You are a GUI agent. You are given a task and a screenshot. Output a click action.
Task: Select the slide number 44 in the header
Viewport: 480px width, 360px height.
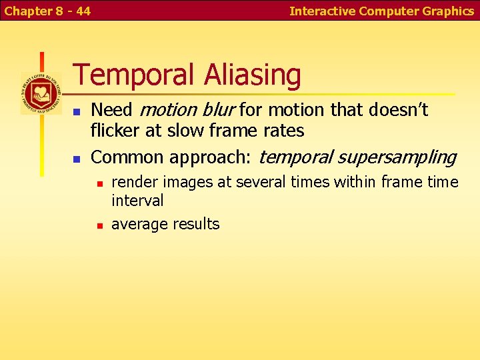pos(83,11)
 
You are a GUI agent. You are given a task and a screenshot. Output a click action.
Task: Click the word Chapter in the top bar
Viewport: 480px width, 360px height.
pos(28,11)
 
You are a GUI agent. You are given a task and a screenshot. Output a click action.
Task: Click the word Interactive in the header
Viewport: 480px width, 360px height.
pos(323,11)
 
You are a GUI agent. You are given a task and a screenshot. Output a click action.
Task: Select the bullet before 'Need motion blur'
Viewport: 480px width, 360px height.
pos(77,111)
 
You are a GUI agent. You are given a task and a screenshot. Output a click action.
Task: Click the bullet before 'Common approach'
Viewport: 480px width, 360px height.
pos(77,159)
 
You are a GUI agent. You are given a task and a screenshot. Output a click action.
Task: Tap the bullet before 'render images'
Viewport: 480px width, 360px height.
pos(99,183)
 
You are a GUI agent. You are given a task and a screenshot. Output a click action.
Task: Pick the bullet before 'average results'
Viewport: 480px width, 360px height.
pos(99,225)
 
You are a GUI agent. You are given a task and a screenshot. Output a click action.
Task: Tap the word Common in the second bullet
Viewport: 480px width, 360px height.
pos(127,157)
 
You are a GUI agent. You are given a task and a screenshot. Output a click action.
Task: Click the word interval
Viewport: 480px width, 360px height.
pos(137,201)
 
